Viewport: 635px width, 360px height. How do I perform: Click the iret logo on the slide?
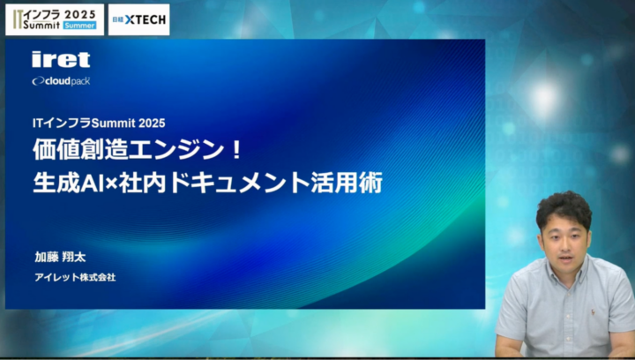point(61,59)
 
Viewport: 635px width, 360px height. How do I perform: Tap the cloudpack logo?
point(61,81)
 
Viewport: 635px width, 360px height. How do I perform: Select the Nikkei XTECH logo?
point(139,19)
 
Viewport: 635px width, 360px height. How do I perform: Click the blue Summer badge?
point(79,25)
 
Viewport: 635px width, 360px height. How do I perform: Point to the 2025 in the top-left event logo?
point(80,14)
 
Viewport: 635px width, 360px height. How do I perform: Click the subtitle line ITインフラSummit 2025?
point(99,124)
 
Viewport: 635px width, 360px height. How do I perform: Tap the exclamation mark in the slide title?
point(237,150)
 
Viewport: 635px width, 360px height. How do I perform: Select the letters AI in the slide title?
point(94,184)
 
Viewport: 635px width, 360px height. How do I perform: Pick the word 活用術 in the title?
point(347,184)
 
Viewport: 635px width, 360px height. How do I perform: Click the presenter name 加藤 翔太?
point(60,257)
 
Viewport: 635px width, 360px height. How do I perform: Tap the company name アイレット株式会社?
point(75,277)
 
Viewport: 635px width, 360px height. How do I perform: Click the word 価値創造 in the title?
point(80,149)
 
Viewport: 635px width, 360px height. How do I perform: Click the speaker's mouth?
point(565,259)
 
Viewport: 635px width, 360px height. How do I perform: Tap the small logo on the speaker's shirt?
point(593,312)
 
